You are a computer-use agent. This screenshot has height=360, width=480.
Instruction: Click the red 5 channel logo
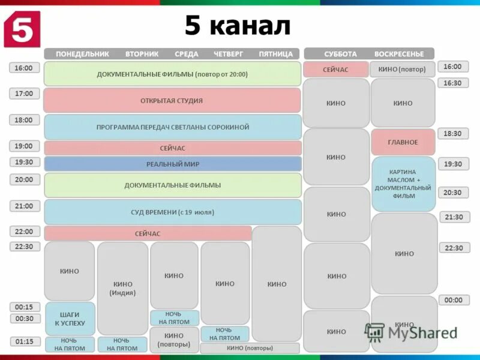[22, 28]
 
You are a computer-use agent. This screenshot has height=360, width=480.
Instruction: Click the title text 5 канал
[237, 26]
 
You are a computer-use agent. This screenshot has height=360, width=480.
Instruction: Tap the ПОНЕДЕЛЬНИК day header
[82, 54]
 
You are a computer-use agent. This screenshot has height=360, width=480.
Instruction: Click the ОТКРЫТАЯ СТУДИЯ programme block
[172, 101]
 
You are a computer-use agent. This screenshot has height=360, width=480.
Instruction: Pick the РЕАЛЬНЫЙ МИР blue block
[173, 164]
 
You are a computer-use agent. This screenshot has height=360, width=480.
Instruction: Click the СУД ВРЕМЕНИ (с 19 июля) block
[173, 212]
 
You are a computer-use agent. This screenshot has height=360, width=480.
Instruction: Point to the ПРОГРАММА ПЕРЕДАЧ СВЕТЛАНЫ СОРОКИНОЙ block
[173, 127]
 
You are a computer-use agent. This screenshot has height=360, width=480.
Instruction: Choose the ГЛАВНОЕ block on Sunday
[403, 142]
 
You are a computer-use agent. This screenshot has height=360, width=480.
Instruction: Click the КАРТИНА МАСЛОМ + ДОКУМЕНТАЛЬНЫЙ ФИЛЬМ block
[403, 184]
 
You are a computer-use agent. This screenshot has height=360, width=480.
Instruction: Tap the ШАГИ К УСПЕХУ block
[70, 319]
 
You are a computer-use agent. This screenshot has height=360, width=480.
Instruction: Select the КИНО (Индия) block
[122, 289]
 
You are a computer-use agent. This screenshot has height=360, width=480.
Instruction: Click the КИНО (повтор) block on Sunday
[402, 70]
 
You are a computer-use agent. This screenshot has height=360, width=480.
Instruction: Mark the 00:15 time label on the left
[24, 307]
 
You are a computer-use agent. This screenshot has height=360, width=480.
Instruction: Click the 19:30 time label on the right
[453, 164]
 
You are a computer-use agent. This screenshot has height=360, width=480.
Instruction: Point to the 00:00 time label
[454, 300]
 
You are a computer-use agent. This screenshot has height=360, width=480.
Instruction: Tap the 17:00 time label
[24, 94]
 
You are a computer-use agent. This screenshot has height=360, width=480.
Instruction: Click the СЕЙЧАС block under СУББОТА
[335, 70]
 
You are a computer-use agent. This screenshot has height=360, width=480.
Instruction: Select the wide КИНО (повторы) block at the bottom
[250, 348]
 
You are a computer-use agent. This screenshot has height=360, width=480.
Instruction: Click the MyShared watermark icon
[374, 332]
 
